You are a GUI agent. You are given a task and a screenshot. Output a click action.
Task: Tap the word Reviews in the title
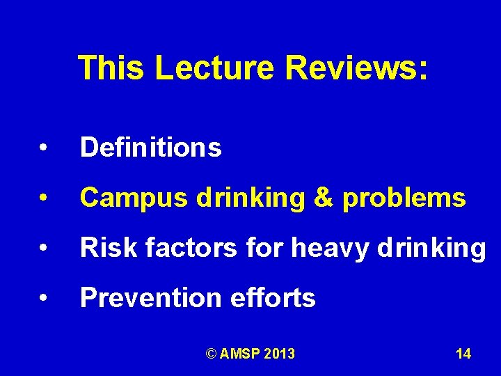point(354,68)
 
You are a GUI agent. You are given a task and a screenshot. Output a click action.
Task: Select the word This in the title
point(111,68)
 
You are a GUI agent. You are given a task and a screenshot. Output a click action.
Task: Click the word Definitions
point(151,148)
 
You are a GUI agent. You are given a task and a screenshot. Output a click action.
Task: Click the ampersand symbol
point(324,198)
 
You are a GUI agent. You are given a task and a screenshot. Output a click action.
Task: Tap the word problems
point(404,199)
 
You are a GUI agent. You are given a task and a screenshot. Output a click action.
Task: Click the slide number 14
point(463,354)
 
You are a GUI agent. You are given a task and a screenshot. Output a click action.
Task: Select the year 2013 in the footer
point(280,354)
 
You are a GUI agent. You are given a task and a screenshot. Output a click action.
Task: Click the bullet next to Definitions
point(43,148)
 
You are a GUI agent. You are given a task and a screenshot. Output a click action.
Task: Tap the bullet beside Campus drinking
point(43,198)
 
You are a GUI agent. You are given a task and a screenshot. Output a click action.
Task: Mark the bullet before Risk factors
point(43,249)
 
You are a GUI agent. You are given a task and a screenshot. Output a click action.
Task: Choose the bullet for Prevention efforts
point(43,299)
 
